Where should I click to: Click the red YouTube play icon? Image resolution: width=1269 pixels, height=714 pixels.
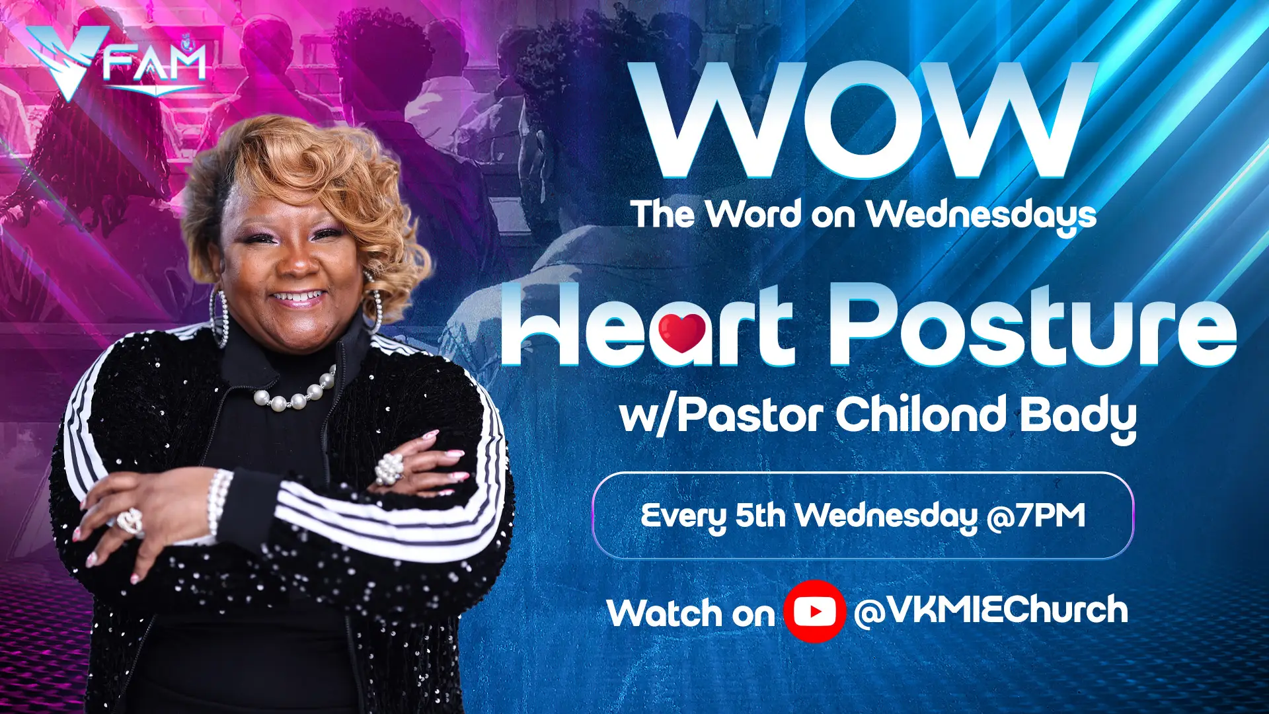[814, 612]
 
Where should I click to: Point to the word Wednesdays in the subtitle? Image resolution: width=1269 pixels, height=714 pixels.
[981, 216]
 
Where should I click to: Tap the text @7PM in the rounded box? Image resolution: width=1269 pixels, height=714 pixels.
[1036, 516]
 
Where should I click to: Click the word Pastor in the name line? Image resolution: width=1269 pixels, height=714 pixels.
[750, 415]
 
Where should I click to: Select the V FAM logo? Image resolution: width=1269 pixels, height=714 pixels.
[116, 63]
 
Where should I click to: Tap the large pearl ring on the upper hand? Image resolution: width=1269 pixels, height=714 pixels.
[389, 469]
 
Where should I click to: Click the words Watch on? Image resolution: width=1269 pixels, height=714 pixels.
[691, 613]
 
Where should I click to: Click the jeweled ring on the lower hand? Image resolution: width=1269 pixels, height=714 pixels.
[130, 522]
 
